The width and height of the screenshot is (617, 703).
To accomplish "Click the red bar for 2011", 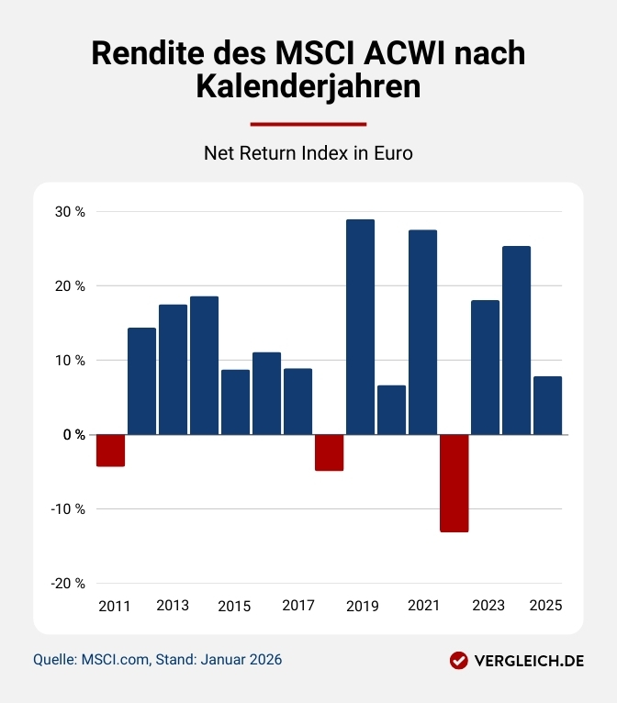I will click(110, 451).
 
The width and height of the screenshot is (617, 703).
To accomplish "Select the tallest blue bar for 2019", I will click(360, 327).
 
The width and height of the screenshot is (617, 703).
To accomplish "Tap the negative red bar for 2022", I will click(454, 483).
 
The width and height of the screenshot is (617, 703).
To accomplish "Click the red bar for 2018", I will click(329, 452).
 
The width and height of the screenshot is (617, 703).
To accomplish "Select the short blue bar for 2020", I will click(391, 410).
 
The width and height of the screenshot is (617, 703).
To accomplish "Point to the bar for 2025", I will click(547, 406).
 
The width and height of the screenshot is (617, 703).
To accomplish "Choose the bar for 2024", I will click(516, 340).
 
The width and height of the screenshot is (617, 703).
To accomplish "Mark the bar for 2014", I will click(204, 365).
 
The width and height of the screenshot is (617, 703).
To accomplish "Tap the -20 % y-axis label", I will click(67, 584).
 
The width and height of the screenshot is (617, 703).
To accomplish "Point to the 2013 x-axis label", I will click(173, 606).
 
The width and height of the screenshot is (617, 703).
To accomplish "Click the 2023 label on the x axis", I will click(488, 606).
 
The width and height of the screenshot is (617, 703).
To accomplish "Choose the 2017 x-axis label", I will click(297, 606).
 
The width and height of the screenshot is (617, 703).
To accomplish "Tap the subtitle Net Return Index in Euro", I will click(308, 153).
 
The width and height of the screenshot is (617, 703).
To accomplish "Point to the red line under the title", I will click(308, 123).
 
